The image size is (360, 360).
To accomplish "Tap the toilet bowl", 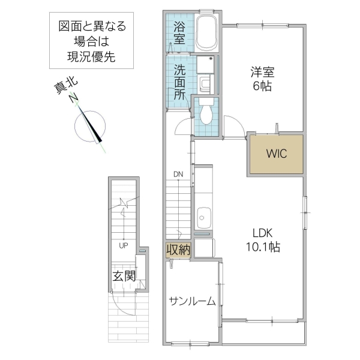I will click(205, 112).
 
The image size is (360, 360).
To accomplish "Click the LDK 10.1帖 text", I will click(262, 239).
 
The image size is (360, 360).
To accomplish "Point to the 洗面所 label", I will click(179, 82).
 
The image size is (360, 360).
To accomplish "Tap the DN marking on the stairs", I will click(178, 175).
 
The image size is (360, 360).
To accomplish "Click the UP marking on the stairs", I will click(122, 245).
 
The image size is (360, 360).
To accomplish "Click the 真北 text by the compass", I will click(62, 88).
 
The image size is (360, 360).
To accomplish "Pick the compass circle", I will click(90, 127).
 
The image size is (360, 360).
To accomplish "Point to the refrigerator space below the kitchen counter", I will click(205, 248).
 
